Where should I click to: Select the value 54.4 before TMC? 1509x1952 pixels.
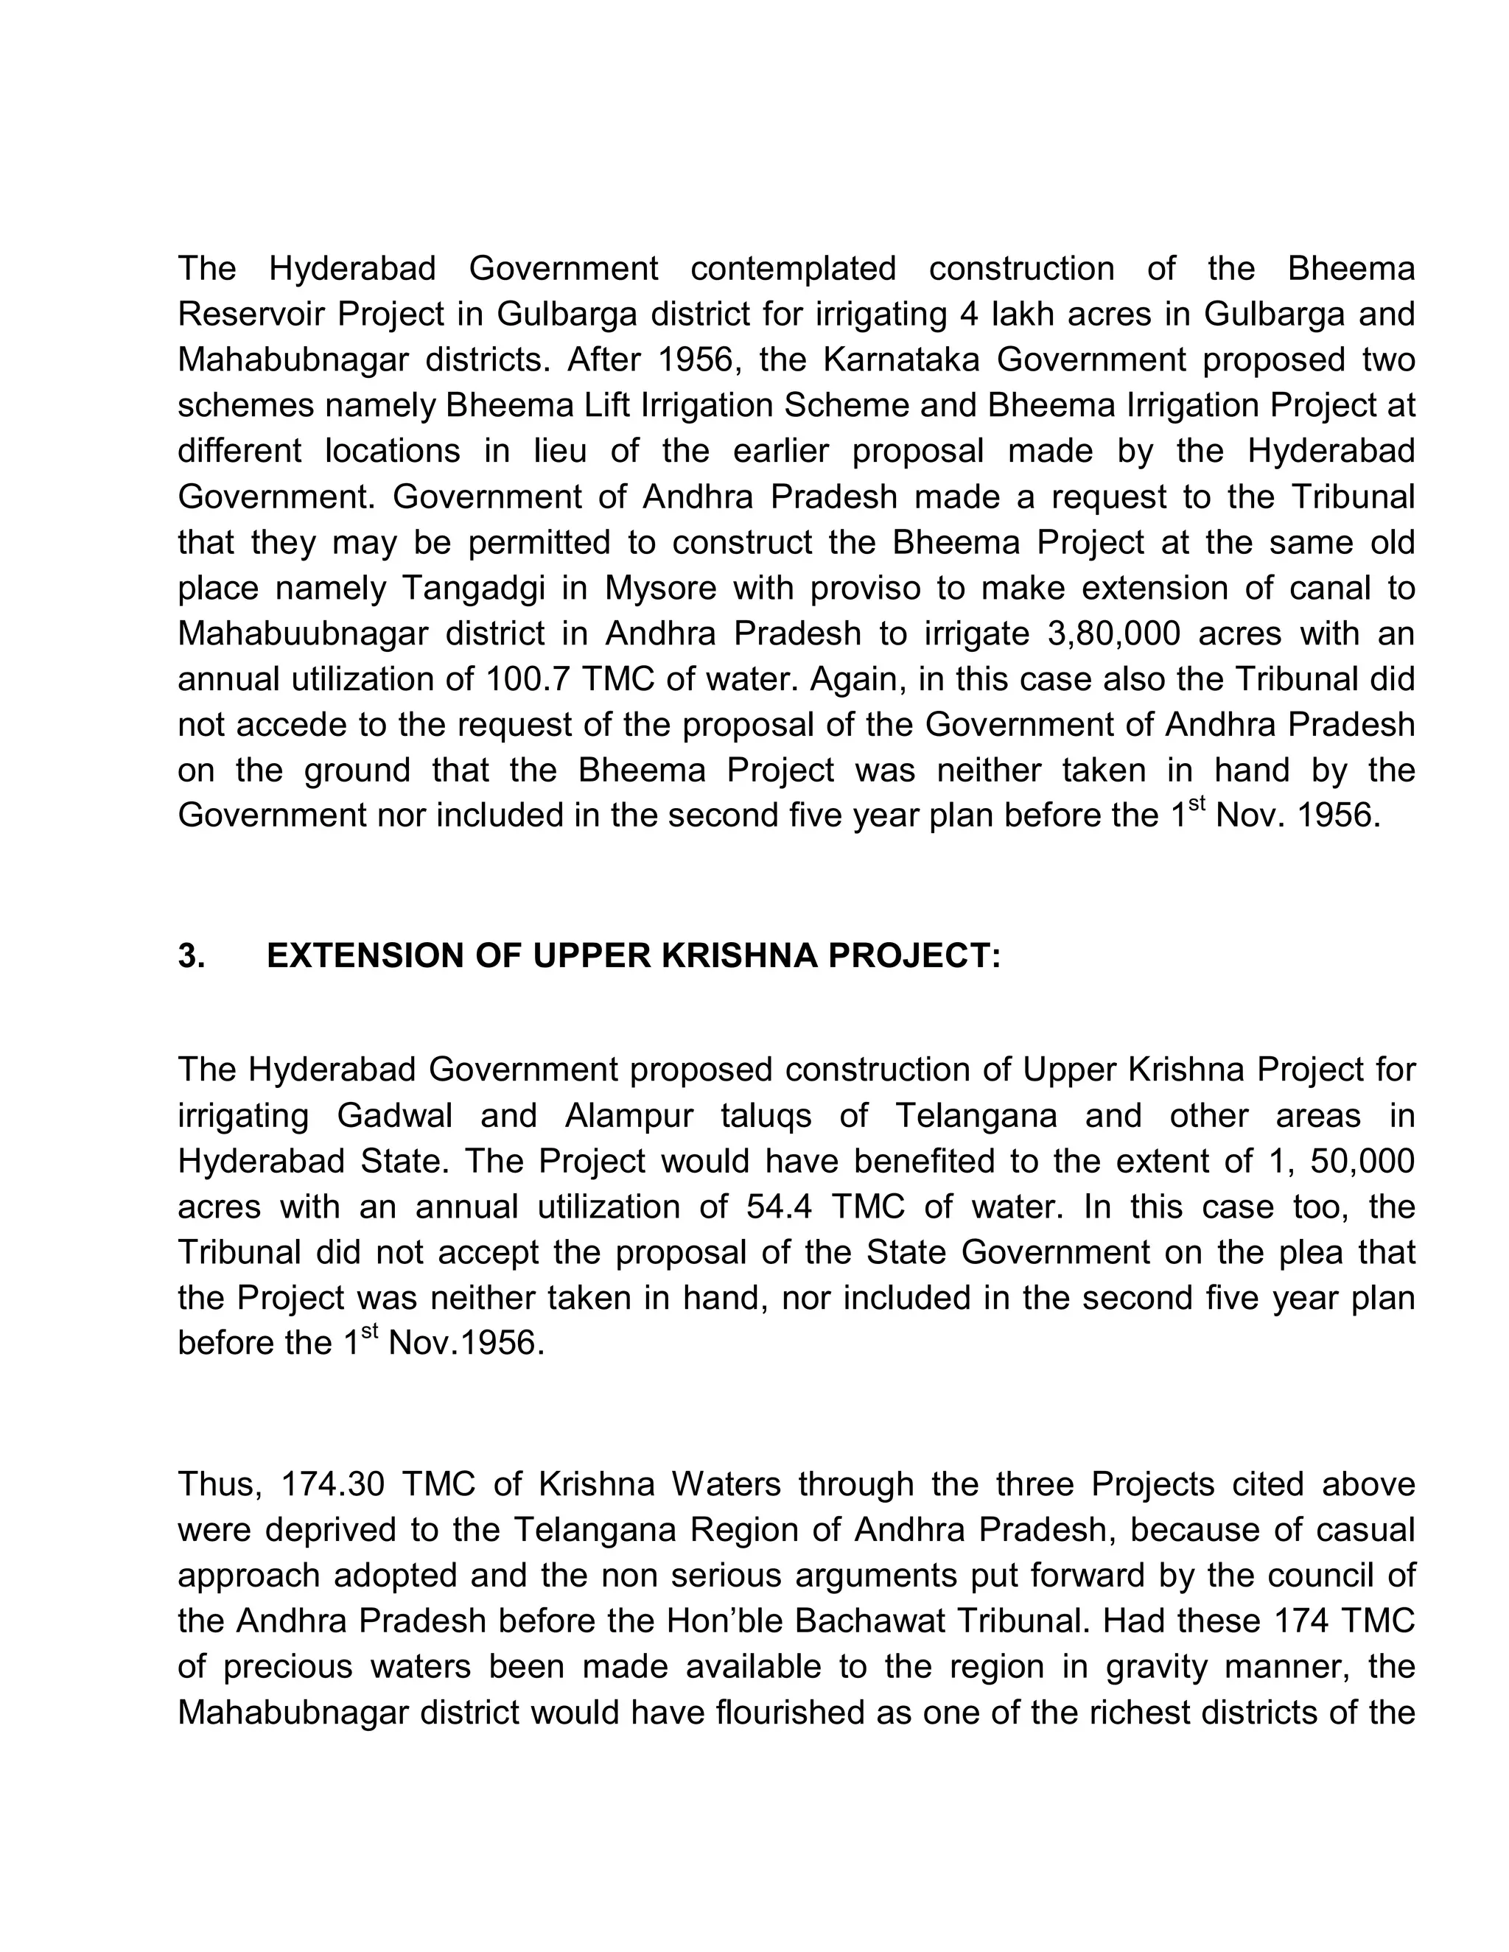tap(778, 1207)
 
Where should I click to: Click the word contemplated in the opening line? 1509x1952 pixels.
tap(793, 269)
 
